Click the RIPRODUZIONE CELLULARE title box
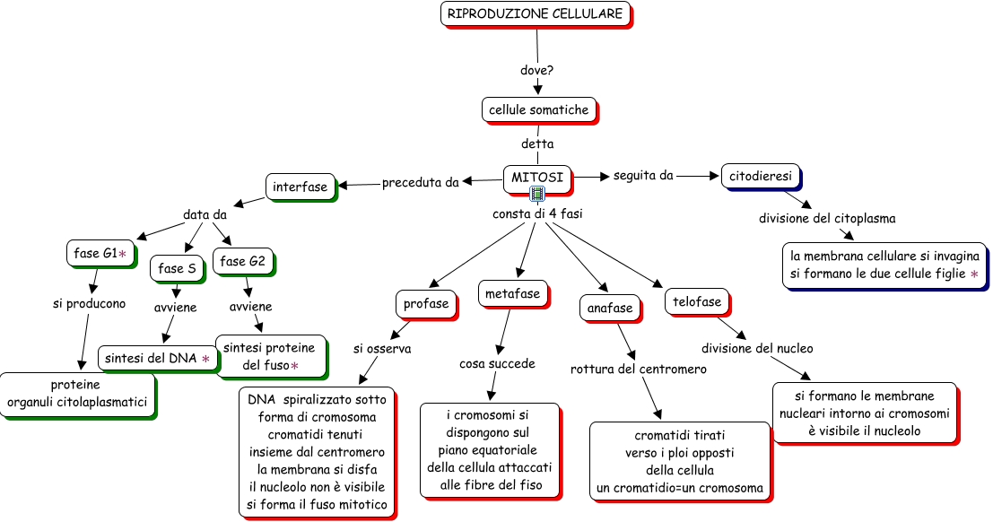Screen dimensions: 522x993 pyautogui.click(x=536, y=14)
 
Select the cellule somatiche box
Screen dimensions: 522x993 pyautogui.click(x=538, y=109)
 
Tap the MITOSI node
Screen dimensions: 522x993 pyautogui.click(x=537, y=178)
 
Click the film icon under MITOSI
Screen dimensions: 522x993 pyautogui.click(x=537, y=194)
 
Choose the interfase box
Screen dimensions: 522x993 pyautogui.click(x=301, y=187)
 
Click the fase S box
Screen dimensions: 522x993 pyautogui.click(x=177, y=268)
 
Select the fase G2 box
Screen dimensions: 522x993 pyautogui.click(x=242, y=261)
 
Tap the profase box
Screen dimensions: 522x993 pyautogui.click(x=426, y=303)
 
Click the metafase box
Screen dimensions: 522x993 pyautogui.click(x=512, y=294)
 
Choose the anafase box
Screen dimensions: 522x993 pyautogui.click(x=610, y=308)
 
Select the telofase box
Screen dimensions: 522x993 pyautogui.click(x=697, y=302)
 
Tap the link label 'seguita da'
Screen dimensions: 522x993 pyautogui.click(x=643, y=176)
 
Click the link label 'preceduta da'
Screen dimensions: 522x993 pyautogui.click(x=420, y=183)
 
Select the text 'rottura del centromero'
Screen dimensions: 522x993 pyautogui.click(x=639, y=369)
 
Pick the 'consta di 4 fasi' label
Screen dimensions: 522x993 pyautogui.click(x=537, y=214)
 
